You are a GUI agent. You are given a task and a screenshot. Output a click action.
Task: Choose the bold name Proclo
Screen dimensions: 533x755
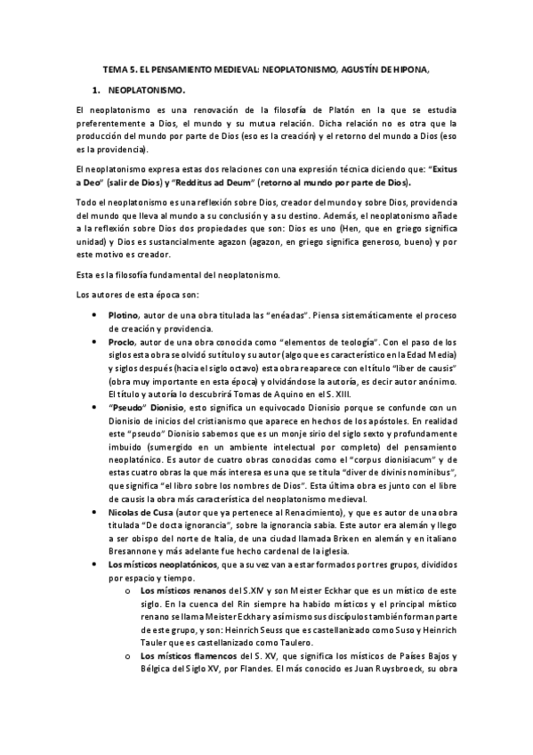[121, 342]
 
